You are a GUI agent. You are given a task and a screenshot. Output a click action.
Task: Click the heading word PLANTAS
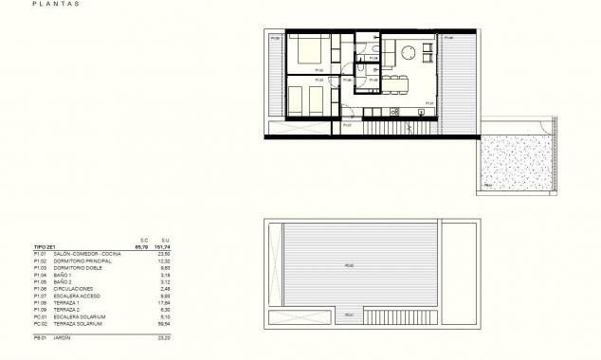click(56, 4)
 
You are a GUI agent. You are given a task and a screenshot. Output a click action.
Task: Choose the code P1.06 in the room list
click(39, 288)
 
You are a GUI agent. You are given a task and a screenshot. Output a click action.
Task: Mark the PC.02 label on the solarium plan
click(350, 265)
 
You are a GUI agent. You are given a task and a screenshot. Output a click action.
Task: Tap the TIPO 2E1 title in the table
click(46, 247)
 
